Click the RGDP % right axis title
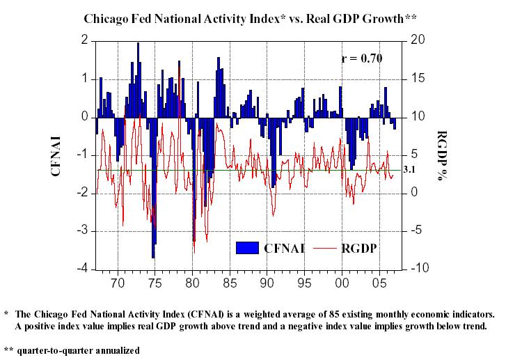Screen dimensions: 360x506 coord(441,155)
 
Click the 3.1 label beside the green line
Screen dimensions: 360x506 coord(409,169)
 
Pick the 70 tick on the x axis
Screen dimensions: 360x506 coord(118,283)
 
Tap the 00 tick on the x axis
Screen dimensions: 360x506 coord(342,283)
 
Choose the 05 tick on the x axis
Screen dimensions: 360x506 coord(379,283)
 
